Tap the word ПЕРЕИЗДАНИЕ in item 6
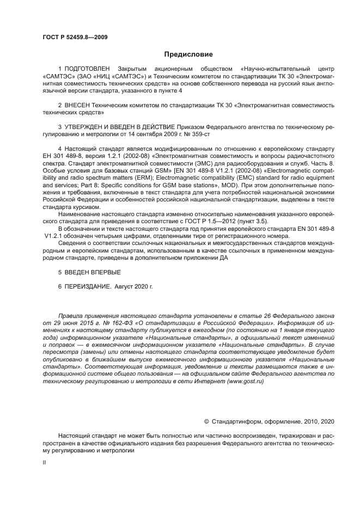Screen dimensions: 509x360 (x=86, y=286)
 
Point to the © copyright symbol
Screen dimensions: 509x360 (x=207, y=421)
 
